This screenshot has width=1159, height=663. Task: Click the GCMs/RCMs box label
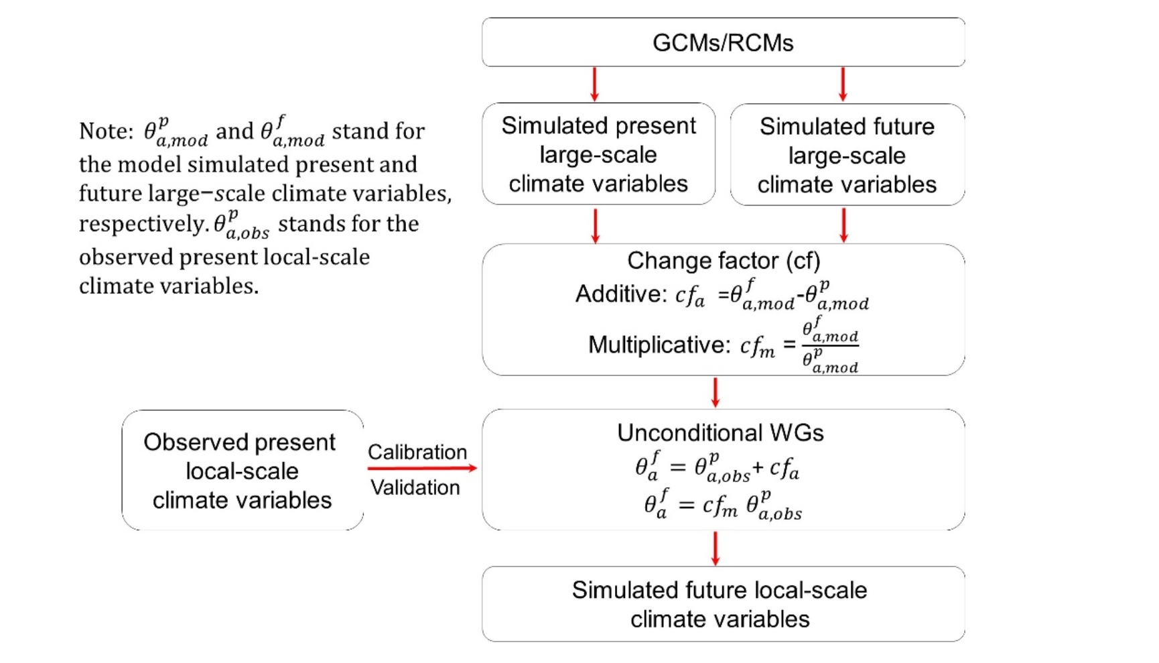[x=722, y=43]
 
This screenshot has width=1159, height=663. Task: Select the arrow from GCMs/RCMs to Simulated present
[x=594, y=84]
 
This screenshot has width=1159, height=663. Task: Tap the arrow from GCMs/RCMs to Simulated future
[x=843, y=84]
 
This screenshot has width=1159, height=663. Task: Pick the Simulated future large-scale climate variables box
[x=847, y=155]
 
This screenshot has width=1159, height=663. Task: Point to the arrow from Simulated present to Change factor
[x=595, y=225]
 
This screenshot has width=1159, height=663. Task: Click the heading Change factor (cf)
[x=723, y=261]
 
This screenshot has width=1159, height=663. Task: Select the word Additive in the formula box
[x=620, y=294]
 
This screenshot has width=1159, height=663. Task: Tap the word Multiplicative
[x=659, y=345]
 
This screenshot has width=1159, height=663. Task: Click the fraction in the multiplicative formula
[x=830, y=345]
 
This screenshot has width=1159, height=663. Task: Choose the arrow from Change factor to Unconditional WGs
[x=715, y=392]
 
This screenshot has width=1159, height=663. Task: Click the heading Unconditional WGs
[x=720, y=433]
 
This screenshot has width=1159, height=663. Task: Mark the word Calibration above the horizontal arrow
[x=417, y=452]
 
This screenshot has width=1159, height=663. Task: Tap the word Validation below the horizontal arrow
[x=415, y=487]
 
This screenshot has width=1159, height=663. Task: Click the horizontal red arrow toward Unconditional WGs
[x=422, y=468]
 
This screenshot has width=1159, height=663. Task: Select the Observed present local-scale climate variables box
[x=242, y=471]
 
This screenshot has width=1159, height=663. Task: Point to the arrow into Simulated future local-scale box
[x=715, y=548]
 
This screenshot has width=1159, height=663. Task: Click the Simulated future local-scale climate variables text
[x=720, y=604]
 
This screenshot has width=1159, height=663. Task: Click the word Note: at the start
[x=106, y=131]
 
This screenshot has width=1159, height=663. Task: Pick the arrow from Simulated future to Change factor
[x=843, y=225]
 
